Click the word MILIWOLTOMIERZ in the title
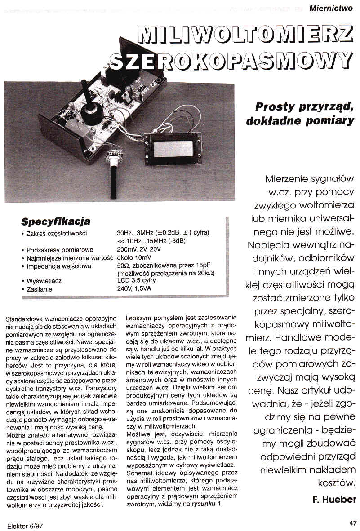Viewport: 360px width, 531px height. coord(245,34)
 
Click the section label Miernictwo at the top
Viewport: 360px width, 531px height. coord(331,7)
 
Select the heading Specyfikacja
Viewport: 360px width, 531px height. coord(56,221)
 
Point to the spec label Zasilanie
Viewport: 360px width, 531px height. coord(40,289)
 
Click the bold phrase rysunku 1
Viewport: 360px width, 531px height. coord(207,504)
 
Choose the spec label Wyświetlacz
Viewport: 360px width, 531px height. coord(44,281)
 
